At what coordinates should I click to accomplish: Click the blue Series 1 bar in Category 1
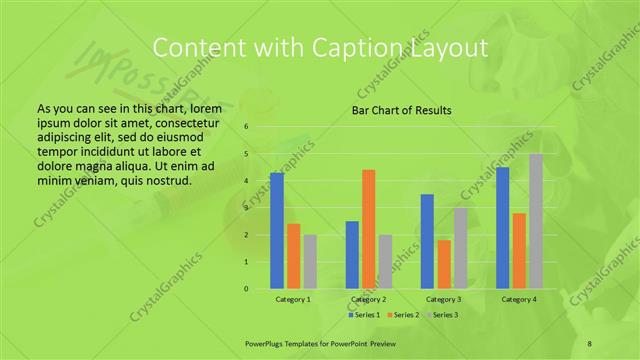(x=277, y=231)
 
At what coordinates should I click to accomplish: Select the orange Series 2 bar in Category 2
(x=369, y=229)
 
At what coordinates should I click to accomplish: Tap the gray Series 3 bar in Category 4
(x=536, y=221)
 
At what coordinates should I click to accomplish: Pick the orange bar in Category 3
(x=444, y=264)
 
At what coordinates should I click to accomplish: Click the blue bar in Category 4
(x=503, y=228)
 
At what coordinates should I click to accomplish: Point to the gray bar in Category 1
(x=310, y=262)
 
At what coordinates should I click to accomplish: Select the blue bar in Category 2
(x=352, y=255)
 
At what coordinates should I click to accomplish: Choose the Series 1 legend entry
(x=364, y=315)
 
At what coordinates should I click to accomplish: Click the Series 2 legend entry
(x=404, y=315)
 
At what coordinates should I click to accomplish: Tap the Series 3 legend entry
(x=443, y=315)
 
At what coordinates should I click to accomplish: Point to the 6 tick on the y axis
(x=247, y=127)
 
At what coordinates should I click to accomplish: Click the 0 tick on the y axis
(x=247, y=289)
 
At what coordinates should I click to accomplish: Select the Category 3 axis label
(x=443, y=299)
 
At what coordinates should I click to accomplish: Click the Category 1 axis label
(x=293, y=299)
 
